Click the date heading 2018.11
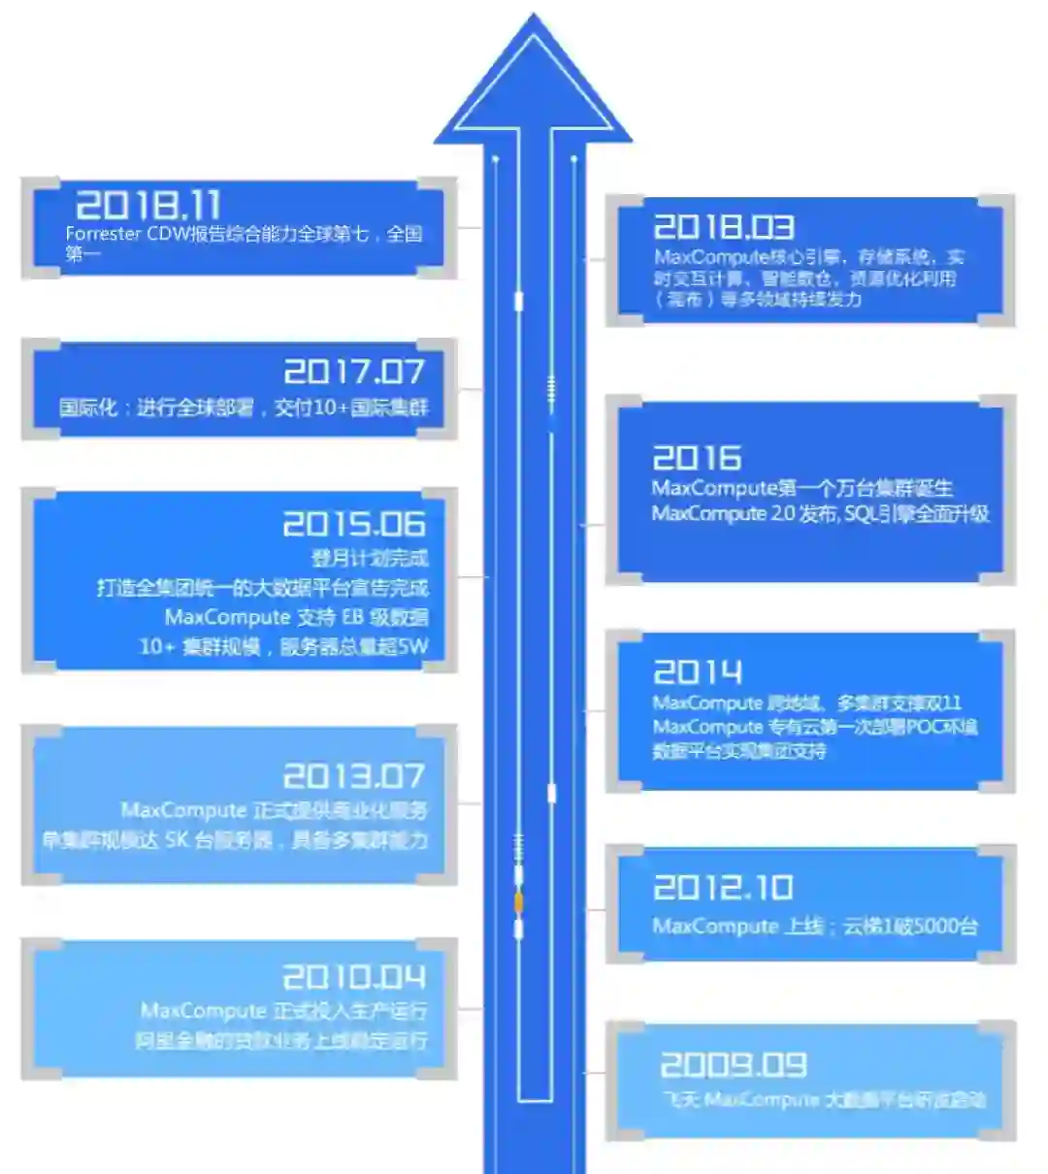(x=148, y=205)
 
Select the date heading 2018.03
(x=724, y=227)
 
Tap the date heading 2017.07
(x=354, y=372)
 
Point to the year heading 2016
(x=697, y=458)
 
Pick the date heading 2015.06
(x=354, y=525)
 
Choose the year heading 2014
(x=698, y=672)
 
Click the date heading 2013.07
(x=354, y=776)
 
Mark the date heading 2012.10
(x=723, y=888)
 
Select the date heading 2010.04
(x=354, y=976)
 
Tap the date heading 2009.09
(x=734, y=1065)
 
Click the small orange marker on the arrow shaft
(x=518, y=903)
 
